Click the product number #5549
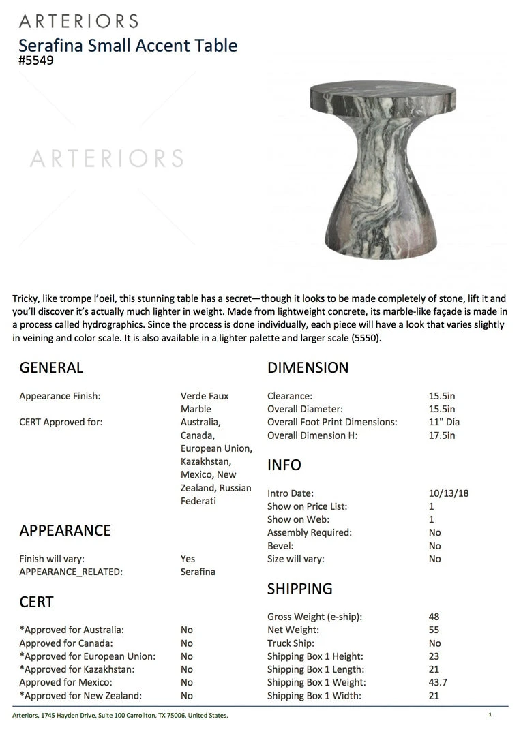(x=35, y=60)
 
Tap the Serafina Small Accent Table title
(x=128, y=46)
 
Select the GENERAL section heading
(x=51, y=368)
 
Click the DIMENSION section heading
(x=308, y=368)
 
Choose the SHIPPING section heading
(x=299, y=589)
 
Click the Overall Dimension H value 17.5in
(x=443, y=435)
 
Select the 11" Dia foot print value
(x=445, y=423)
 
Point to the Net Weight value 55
(x=434, y=630)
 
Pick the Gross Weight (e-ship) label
(x=314, y=617)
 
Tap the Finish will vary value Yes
(x=188, y=559)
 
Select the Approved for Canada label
(x=66, y=643)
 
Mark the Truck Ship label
(x=291, y=643)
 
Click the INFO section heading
(x=284, y=465)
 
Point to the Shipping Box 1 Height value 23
(x=434, y=657)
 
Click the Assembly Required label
(x=309, y=533)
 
